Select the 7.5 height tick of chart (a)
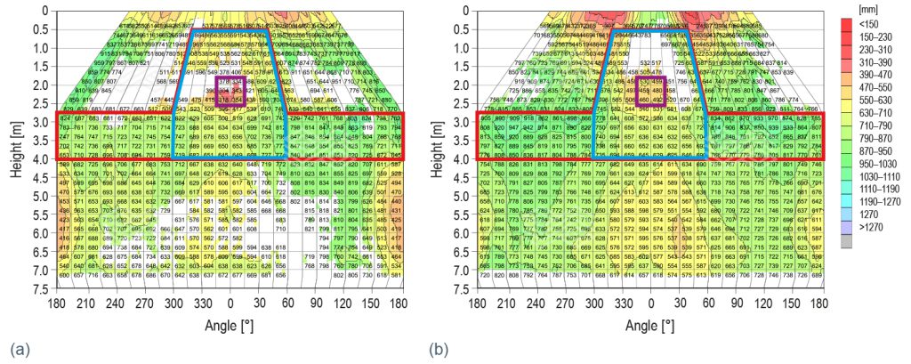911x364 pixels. point(39,289)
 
